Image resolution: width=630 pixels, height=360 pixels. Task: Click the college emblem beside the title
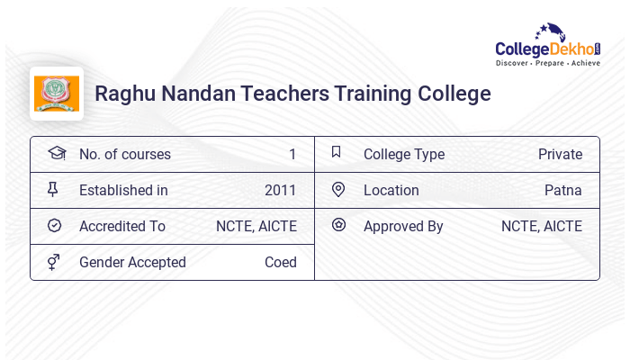tap(57, 94)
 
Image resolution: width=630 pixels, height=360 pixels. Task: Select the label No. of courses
tap(124, 154)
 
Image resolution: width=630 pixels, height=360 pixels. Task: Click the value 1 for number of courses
tap(292, 154)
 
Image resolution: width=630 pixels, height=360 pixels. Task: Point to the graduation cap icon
tap(56, 153)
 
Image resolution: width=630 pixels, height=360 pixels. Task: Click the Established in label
tap(123, 190)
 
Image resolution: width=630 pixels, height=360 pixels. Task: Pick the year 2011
tap(281, 190)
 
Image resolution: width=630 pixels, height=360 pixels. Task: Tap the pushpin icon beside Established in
tap(53, 189)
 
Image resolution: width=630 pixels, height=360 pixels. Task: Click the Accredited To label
tap(122, 226)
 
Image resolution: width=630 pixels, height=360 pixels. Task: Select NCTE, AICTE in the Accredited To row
tap(256, 226)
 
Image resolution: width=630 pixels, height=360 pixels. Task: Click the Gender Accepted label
tap(132, 262)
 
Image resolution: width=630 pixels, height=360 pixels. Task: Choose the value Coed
tap(281, 262)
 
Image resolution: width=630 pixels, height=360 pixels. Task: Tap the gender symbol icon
tap(53, 262)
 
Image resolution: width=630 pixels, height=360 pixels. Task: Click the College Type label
tap(404, 154)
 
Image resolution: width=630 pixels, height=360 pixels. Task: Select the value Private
tap(560, 154)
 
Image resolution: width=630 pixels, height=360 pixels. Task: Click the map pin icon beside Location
tap(338, 189)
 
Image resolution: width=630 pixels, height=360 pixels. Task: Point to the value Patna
tap(563, 190)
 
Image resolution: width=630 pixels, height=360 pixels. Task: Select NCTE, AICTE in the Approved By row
tap(542, 226)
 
